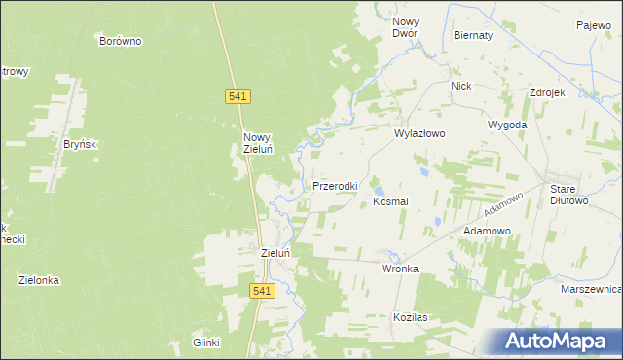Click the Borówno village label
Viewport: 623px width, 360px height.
122,41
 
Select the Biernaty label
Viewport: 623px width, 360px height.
473,34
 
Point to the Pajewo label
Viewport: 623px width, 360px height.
593,25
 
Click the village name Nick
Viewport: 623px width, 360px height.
461,86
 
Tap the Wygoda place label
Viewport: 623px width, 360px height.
507,126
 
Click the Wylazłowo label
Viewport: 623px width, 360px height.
419,135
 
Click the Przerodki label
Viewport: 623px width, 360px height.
336,185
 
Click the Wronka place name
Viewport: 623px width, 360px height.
400,268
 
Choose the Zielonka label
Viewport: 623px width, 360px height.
39,280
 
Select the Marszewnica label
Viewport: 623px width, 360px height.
591,290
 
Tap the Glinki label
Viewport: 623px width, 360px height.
206,342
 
